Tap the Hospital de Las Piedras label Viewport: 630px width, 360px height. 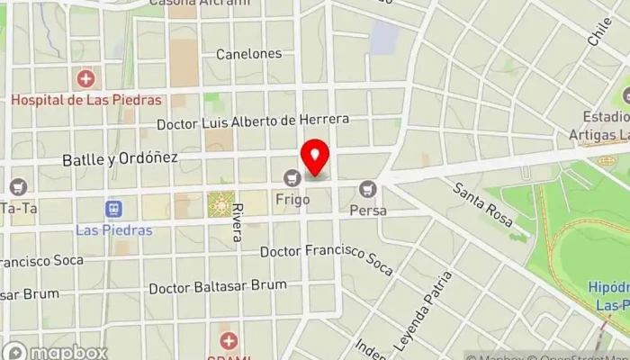coord(85,100)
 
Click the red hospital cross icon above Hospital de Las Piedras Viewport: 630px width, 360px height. coord(86,80)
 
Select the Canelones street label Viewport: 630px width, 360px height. coord(248,54)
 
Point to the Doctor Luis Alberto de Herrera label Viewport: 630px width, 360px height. coord(252,121)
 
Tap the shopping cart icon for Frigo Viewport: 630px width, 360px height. coord(292,177)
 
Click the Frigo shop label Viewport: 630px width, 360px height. coord(292,198)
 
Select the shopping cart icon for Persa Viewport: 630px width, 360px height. coord(366,190)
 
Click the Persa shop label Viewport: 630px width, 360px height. coord(369,211)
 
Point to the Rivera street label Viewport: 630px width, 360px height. coord(237,221)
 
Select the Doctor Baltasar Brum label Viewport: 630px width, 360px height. coord(218,286)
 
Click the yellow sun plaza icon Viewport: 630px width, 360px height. coord(219,205)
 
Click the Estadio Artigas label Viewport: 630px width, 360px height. coord(605,125)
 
